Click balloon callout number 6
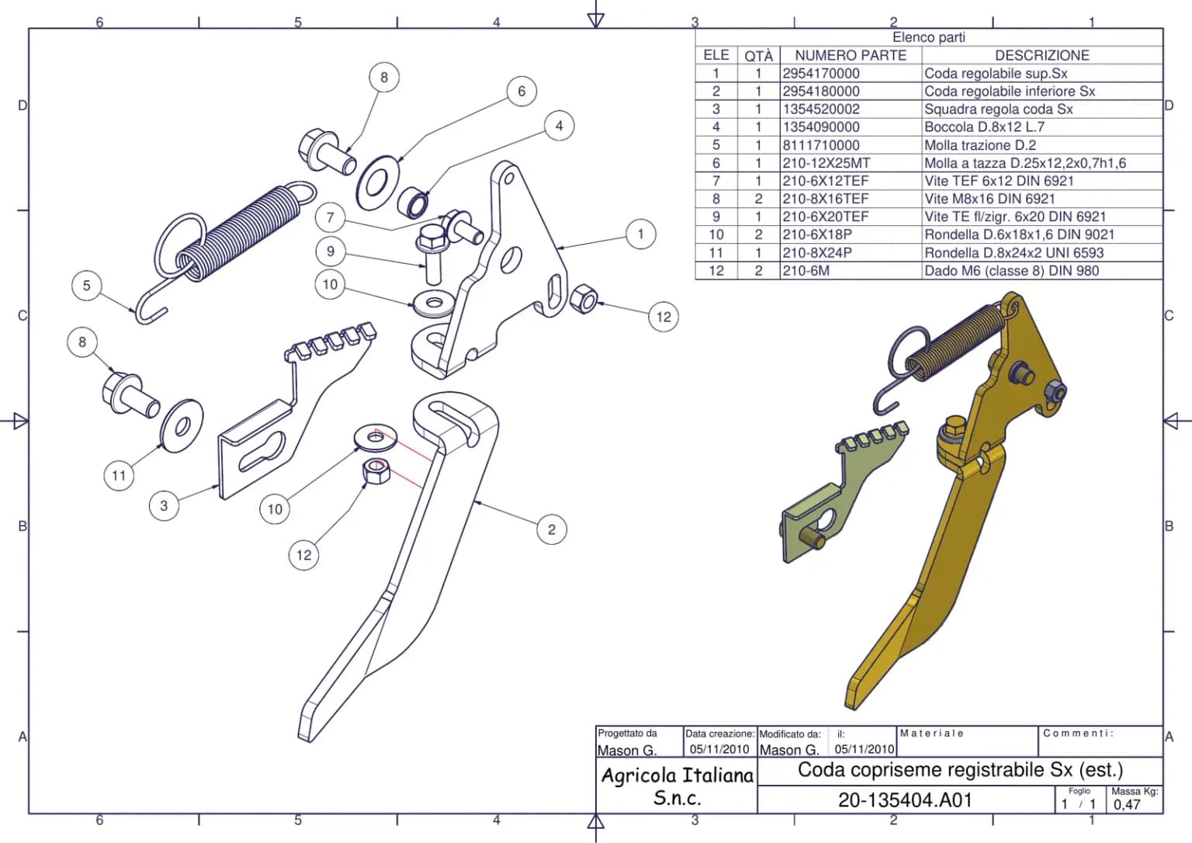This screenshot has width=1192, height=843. (521, 91)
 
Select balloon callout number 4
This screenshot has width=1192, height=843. (560, 126)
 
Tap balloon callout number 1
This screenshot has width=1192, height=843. (641, 234)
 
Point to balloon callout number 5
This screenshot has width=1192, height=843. (87, 285)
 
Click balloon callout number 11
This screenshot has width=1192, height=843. (119, 475)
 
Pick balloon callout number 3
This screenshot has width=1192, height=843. (164, 505)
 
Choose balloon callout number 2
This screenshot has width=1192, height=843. (552, 529)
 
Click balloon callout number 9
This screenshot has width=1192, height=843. (331, 252)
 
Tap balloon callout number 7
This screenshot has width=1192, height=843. (331, 217)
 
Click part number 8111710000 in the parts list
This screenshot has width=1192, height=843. (820, 145)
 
